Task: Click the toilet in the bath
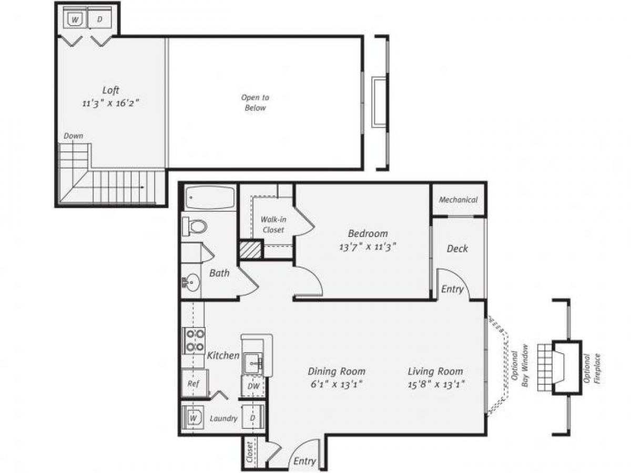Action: pyautogui.click(x=195, y=227)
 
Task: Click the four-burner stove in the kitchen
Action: pyautogui.click(x=194, y=340)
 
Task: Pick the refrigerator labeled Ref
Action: pyautogui.click(x=194, y=383)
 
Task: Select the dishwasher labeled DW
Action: pyautogui.click(x=252, y=386)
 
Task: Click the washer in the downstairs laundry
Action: pyautogui.click(x=193, y=418)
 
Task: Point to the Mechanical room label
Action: pyautogui.click(x=458, y=200)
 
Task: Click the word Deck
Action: pyautogui.click(x=457, y=249)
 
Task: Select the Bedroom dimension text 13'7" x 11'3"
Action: pyautogui.click(x=368, y=247)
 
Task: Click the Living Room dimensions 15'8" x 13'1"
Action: pyautogui.click(x=435, y=384)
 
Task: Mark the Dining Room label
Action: pyautogui.click(x=337, y=372)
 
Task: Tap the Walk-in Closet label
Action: pyautogui.click(x=273, y=224)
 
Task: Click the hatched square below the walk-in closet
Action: pyautogui.click(x=251, y=250)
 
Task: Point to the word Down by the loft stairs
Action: pyautogui.click(x=73, y=136)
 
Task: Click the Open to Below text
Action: pyautogui.click(x=255, y=102)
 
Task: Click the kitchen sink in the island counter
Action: pyautogui.click(x=253, y=362)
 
